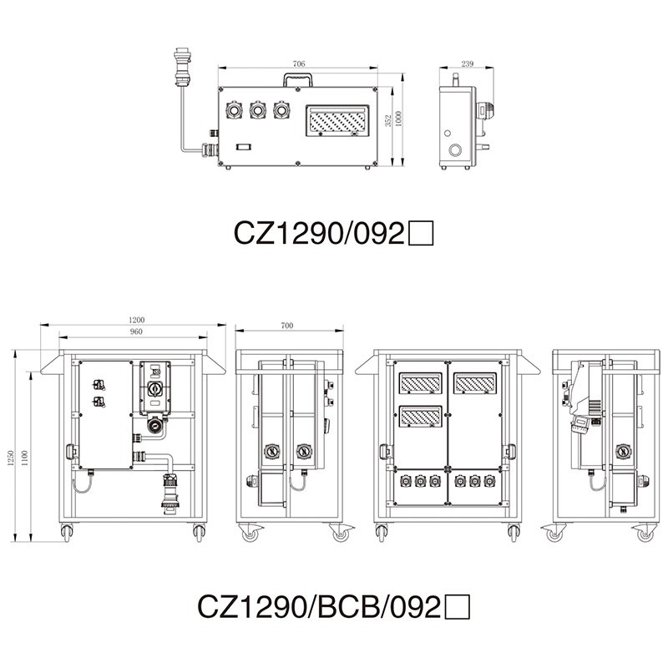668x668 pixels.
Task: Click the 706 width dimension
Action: coord(299,63)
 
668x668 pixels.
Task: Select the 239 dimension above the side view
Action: coord(467,63)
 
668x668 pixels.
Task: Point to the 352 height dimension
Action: coord(388,122)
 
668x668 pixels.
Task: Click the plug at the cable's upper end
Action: coord(182,64)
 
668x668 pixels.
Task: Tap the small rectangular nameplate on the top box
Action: coord(243,147)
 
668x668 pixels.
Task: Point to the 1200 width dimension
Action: coord(137,320)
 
